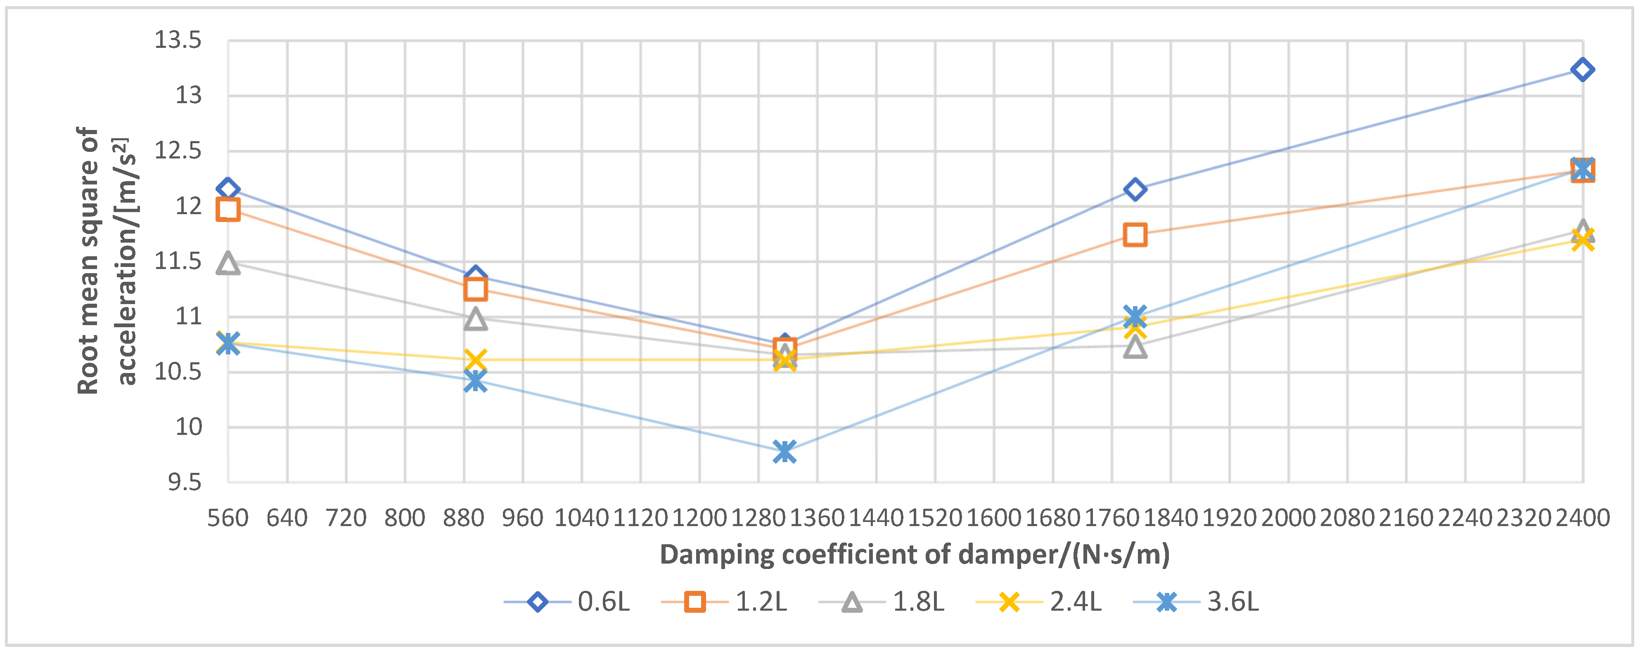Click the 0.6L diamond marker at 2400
[x=1582, y=69]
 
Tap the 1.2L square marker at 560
[x=228, y=209]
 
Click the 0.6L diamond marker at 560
[x=228, y=189]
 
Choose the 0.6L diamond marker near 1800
[x=1135, y=189]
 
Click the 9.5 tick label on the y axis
[x=184, y=482]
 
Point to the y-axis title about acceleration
[x=107, y=261]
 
